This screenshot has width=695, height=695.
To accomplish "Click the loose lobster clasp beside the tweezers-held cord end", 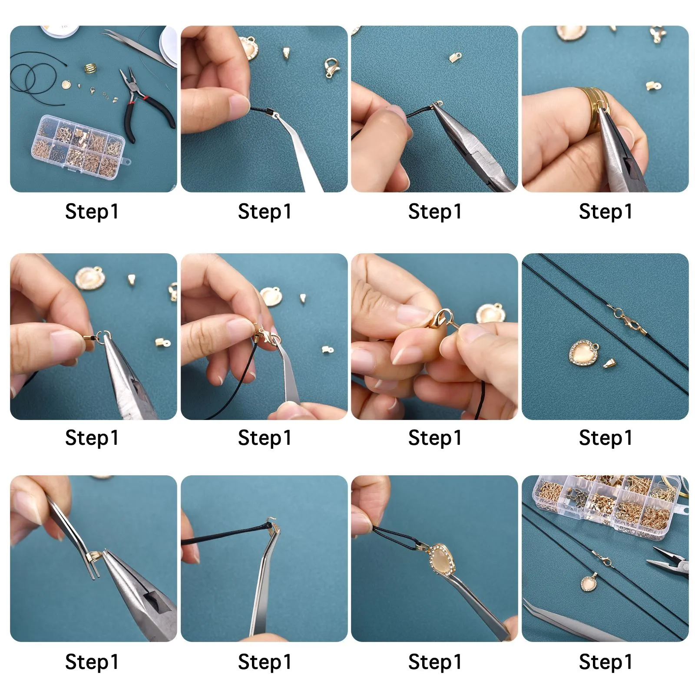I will [x=331, y=68].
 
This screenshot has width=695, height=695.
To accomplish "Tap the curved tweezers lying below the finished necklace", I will [x=573, y=621].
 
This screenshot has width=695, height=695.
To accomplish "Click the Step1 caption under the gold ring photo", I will [x=605, y=212].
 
